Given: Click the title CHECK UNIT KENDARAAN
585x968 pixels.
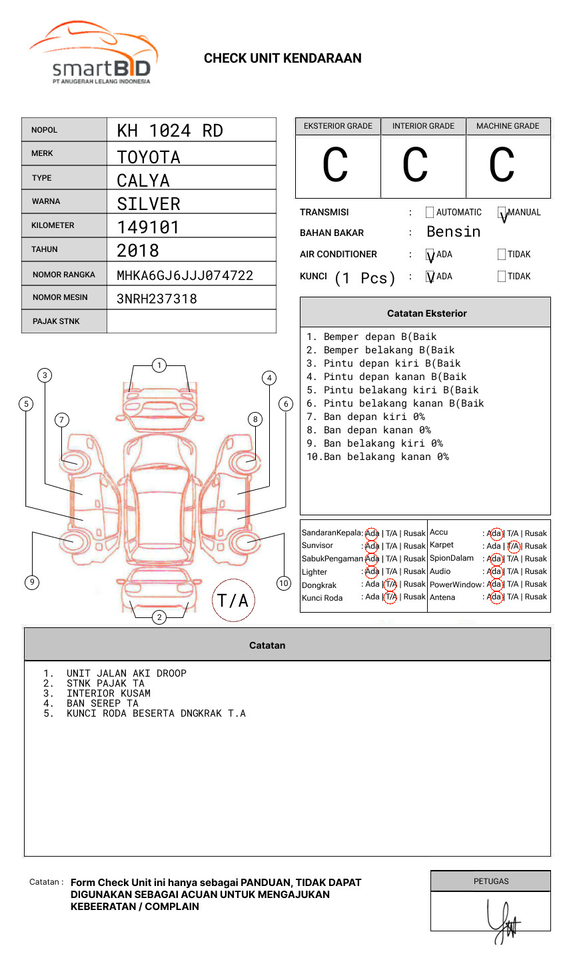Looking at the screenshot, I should (x=283, y=59).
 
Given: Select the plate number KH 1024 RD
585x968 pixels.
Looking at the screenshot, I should (x=170, y=131).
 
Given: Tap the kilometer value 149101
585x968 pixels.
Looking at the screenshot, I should (x=148, y=227).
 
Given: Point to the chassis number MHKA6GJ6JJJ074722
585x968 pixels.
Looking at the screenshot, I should (x=185, y=275).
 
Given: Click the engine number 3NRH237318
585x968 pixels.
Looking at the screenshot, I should (x=157, y=299).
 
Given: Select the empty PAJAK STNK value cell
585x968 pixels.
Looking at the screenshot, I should (x=191, y=321).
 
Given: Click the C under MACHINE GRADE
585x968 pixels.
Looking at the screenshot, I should (x=502, y=165).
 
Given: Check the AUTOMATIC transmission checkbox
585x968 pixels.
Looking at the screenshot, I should (x=430, y=213).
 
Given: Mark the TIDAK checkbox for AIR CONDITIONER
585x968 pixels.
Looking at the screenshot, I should (x=502, y=255).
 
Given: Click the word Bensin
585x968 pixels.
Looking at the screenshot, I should (x=453, y=232).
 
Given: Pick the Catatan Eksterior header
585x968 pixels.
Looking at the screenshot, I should (x=426, y=313).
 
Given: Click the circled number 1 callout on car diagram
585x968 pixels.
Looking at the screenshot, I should (x=159, y=365).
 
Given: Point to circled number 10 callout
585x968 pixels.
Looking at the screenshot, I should (x=284, y=583).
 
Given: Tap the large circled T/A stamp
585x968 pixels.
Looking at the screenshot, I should (x=233, y=601).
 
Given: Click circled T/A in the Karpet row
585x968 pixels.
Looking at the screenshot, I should (x=513, y=546).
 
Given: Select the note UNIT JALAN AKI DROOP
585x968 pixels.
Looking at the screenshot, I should (x=127, y=673).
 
